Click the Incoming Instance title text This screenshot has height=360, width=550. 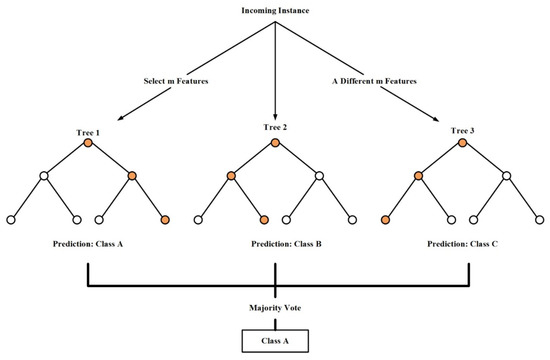(274, 11)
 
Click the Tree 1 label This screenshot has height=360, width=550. (87, 132)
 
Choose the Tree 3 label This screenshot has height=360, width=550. (462, 132)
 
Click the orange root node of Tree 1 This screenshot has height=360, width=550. (88, 146)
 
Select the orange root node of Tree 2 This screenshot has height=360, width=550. (274, 146)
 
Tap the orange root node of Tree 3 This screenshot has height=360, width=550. (462, 146)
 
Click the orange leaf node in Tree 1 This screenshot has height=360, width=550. (165, 219)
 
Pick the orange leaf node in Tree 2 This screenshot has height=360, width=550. (263, 219)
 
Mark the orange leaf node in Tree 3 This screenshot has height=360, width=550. (385, 219)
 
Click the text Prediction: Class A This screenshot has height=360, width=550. (87, 243)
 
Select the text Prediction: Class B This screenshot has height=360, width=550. (274, 243)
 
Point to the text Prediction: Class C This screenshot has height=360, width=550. (462, 243)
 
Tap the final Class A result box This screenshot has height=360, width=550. (274, 340)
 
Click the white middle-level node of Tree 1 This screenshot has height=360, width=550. (44, 177)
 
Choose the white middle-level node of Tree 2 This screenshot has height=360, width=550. (319, 177)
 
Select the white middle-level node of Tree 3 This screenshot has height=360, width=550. (506, 177)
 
